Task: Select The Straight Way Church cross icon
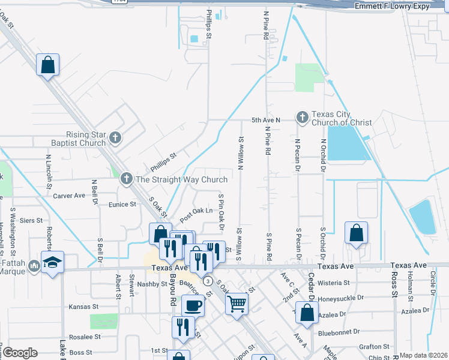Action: (126, 178)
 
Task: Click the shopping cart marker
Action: (237, 304)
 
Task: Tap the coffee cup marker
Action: (193, 305)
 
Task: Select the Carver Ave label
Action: (70, 196)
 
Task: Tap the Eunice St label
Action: (122, 204)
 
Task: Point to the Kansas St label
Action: (83, 307)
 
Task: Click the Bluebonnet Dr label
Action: (340, 331)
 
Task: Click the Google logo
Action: (20, 353)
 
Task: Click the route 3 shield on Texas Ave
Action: (208, 281)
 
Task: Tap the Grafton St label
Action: (374, 346)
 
